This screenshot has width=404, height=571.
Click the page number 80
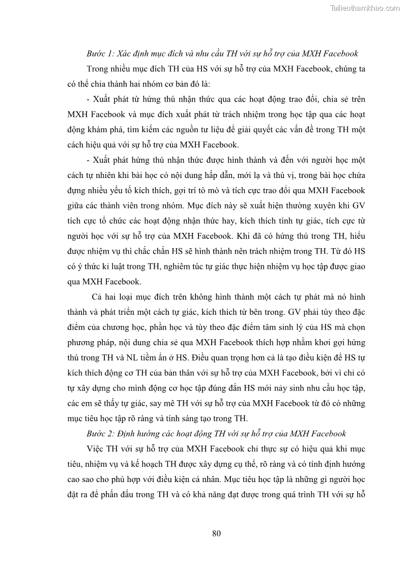(216, 533)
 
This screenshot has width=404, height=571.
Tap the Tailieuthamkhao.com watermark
(365, 8)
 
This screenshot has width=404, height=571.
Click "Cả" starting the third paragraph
(97, 296)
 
